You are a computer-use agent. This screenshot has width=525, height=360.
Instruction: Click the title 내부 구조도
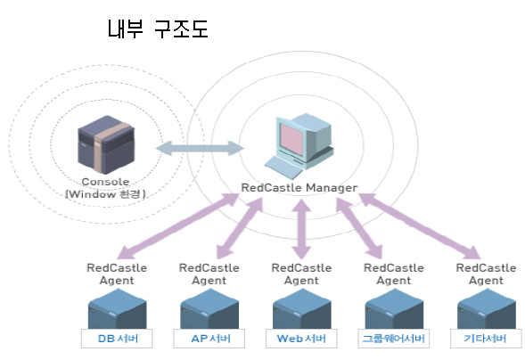158,29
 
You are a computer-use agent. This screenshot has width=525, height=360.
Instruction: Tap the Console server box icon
106,144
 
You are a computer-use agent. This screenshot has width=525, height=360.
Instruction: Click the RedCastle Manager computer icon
299,146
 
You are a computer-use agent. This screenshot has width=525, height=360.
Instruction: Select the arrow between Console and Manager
200,148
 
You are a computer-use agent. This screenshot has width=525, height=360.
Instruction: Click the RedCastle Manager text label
299,188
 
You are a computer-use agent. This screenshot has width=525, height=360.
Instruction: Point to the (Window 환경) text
105,194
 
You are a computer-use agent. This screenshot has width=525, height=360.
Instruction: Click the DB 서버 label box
117,339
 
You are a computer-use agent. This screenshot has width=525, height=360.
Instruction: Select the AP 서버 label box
209,339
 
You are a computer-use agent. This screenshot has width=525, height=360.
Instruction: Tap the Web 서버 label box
301,339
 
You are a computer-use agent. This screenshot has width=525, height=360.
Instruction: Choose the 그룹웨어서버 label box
394,339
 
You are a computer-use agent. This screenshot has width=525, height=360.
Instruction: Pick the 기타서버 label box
486,339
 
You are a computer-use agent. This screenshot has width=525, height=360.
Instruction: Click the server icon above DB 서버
117,308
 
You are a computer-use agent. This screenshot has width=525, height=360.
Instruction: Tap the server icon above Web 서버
301,308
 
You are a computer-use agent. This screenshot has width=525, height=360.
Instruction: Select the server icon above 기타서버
486,308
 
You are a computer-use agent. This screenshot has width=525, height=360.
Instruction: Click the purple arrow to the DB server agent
178,226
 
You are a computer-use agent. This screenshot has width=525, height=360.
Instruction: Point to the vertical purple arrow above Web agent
301,229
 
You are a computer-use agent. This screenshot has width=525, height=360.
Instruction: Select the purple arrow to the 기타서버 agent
420,226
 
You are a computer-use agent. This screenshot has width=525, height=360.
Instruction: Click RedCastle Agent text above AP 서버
209,274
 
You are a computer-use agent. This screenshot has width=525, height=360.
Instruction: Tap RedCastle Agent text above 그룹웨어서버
394,274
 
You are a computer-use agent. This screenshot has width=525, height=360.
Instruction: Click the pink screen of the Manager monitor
291,140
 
